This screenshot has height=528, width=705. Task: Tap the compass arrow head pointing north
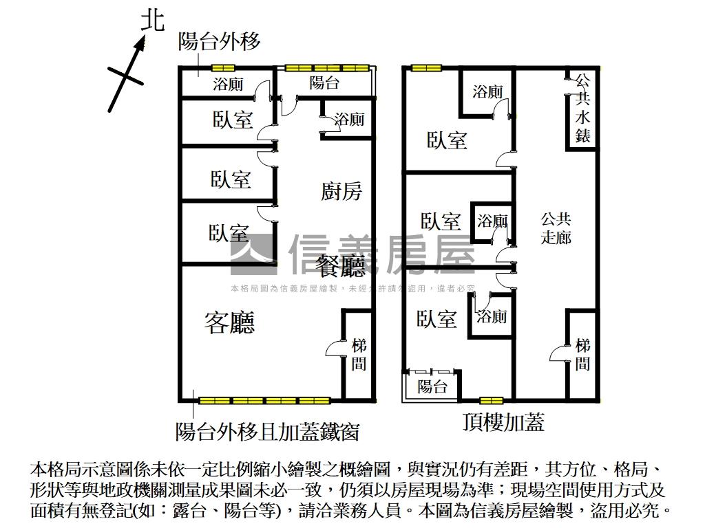click(x=140, y=44)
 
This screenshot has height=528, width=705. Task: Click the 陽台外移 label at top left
click(x=220, y=42)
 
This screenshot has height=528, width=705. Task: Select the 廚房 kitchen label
click(x=341, y=190)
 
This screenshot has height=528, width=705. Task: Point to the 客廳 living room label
click(x=230, y=322)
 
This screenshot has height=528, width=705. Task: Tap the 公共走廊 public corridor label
click(x=556, y=228)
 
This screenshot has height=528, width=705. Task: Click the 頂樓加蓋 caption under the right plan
click(x=503, y=422)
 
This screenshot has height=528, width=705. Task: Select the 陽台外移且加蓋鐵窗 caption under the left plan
click(x=267, y=431)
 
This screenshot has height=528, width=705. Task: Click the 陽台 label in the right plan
click(x=432, y=386)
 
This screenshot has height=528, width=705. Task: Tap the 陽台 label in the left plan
click(x=324, y=84)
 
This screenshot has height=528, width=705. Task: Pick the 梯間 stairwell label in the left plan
click(x=359, y=354)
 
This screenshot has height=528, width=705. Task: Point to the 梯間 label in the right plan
click(x=582, y=354)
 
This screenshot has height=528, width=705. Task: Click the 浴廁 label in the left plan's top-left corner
click(x=227, y=85)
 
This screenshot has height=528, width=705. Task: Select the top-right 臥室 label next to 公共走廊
click(x=447, y=140)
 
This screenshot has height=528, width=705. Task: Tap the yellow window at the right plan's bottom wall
click(x=490, y=400)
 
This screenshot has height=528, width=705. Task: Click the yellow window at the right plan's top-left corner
click(x=425, y=67)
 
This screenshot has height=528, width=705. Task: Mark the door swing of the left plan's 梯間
click(x=334, y=349)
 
